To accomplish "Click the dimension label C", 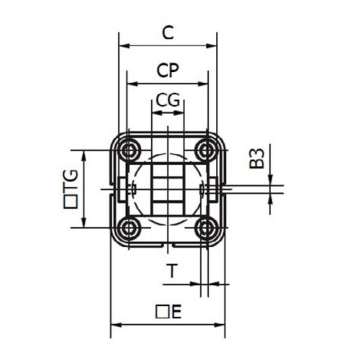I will [168, 32].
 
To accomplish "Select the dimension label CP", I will [168, 70].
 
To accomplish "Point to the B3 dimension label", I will [258, 158].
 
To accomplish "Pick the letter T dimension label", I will [171, 271].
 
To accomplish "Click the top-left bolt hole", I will [130, 150].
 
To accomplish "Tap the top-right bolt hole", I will [207, 150].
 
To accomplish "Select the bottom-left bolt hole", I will [130, 228].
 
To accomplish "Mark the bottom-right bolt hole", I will [207, 228].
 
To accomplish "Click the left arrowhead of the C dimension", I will [122, 45].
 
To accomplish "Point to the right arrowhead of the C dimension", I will [214, 45].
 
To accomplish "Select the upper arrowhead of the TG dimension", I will [85, 154].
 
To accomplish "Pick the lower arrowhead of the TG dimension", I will [85, 225].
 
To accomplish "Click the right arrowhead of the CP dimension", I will [204, 83].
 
